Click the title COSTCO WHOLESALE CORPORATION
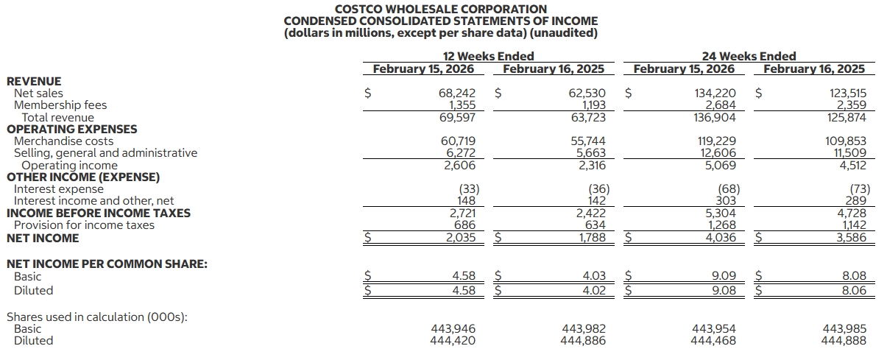click(x=441, y=9)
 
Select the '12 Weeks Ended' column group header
click(x=488, y=56)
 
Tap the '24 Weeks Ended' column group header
click(x=749, y=56)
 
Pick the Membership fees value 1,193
click(x=591, y=105)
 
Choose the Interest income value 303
click(x=726, y=200)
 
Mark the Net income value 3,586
click(x=850, y=238)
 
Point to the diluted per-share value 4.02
click(x=594, y=290)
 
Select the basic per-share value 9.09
click(x=723, y=276)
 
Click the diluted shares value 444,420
click(x=453, y=341)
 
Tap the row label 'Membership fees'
click(x=60, y=105)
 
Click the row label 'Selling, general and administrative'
click(x=105, y=153)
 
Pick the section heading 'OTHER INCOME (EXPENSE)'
click(x=82, y=177)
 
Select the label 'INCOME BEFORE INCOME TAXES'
click(x=98, y=213)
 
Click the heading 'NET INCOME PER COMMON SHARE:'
click(x=106, y=263)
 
